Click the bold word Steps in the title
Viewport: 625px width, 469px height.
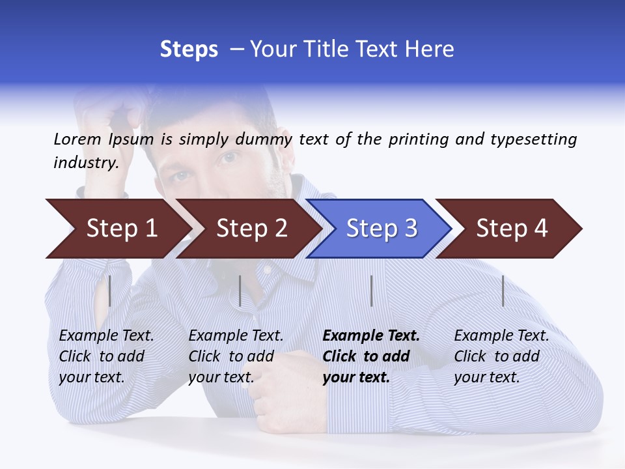[x=189, y=50]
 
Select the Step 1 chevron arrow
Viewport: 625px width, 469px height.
[x=117, y=229]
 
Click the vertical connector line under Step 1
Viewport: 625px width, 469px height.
[x=110, y=291]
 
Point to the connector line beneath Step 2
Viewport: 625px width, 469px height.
[x=240, y=291]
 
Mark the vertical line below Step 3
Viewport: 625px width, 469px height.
[x=372, y=291]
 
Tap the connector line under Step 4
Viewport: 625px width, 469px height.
[x=503, y=291]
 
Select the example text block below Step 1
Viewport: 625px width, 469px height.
[x=106, y=356]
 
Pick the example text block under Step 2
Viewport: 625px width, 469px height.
[x=236, y=356]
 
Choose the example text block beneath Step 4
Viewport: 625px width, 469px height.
[x=501, y=356]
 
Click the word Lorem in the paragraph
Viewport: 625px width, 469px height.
[x=77, y=139]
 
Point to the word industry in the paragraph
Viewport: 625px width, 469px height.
[x=85, y=162]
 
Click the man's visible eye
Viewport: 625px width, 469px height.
[x=229, y=157]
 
